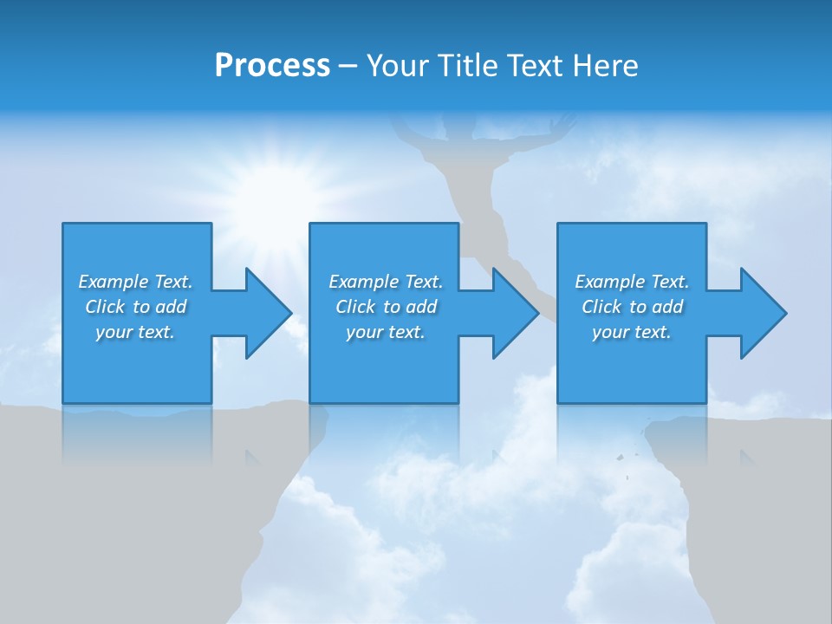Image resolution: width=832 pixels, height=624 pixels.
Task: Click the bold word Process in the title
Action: pyautogui.click(x=272, y=65)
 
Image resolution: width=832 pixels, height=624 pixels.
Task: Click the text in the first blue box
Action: pyautogui.click(x=136, y=307)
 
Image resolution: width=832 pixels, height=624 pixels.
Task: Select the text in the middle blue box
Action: pyautogui.click(x=385, y=307)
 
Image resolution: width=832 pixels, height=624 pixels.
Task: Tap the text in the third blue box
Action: pyautogui.click(x=632, y=307)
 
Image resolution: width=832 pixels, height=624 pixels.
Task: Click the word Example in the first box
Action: pyautogui.click(x=114, y=282)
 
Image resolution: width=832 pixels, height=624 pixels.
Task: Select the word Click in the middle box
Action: pyautogui.click(x=354, y=307)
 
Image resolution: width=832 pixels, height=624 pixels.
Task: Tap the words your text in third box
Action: pyautogui.click(x=632, y=332)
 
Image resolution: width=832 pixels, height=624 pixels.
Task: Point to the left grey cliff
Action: pyautogui.click(x=130, y=520)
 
